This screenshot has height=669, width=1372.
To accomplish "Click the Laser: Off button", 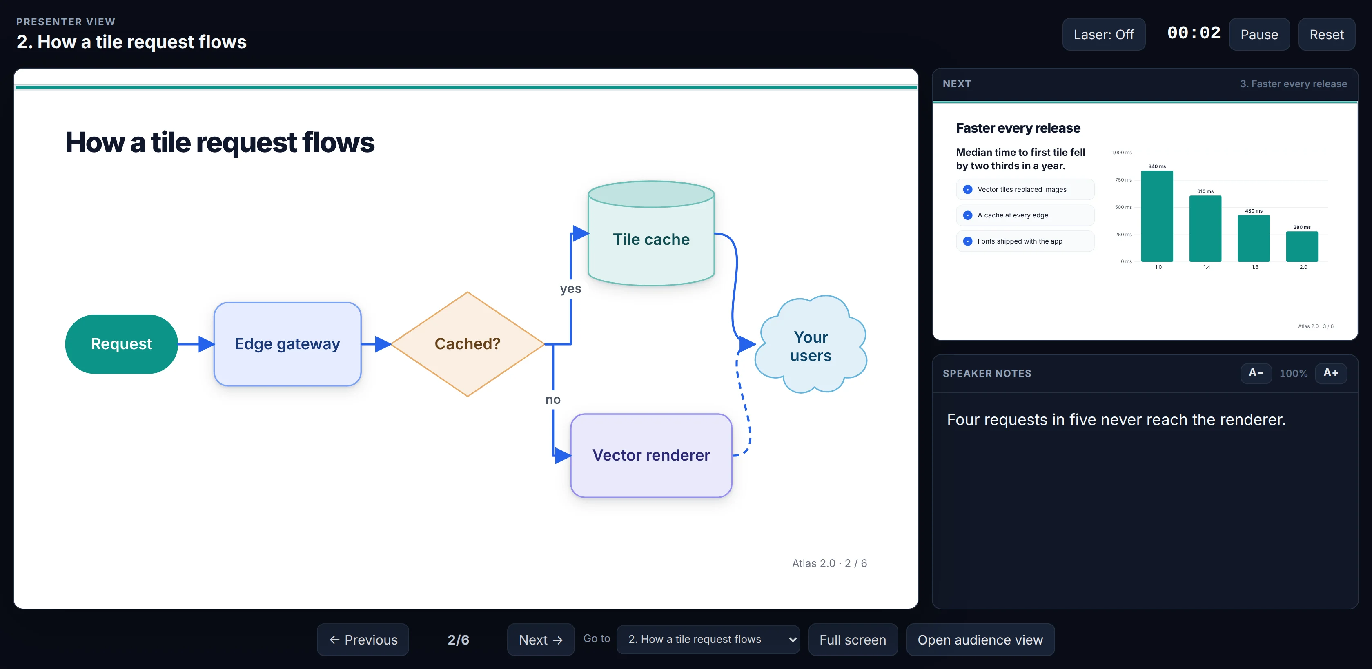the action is pyautogui.click(x=1104, y=35).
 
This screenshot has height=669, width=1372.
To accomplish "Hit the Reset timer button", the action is pyautogui.click(x=1326, y=35).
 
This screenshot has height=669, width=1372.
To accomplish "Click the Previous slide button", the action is pyautogui.click(x=363, y=639).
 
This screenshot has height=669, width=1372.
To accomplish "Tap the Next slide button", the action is pyautogui.click(x=541, y=639).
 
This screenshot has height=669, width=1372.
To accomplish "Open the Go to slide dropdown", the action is pyautogui.click(x=708, y=639).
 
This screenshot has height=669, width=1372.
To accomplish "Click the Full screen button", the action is pyautogui.click(x=853, y=639).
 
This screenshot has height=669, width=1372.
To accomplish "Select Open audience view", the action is pyautogui.click(x=980, y=639).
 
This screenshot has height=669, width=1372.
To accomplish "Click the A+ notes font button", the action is pyautogui.click(x=1330, y=373).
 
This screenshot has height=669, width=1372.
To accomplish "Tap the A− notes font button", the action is pyautogui.click(x=1256, y=373).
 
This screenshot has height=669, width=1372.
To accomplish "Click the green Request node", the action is pyautogui.click(x=121, y=344).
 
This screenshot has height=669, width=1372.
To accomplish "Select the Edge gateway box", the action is pyautogui.click(x=287, y=344).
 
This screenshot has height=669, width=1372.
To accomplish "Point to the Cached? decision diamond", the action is pyautogui.click(x=468, y=344).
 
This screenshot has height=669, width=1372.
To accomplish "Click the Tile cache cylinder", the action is pyautogui.click(x=651, y=234).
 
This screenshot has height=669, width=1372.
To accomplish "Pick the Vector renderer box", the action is pyautogui.click(x=651, y=456).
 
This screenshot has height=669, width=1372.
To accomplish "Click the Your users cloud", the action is pyautogui.click(x=811, y=345).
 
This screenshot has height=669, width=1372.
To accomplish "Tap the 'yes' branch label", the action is pyautogui.click(x=570, y=288).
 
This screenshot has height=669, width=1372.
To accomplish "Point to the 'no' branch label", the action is pyautogui.click(x=553, y=400).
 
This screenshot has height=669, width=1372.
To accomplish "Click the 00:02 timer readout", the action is pyautogui.click(x=1194, y=33).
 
